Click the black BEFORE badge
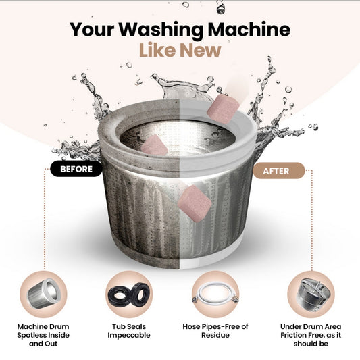pyautogui.click(x=76, y=169)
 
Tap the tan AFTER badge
pyautogui.click(x=279, y=171)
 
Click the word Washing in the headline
pyautogui.click(x=161, y=30)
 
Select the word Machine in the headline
pyautogui.click(x=249, y=29)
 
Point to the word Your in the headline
pyautogui.click(x=92, y=29)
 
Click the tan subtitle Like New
pyautogui.click(x=180, y=50)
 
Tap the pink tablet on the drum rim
pyautogui.click(x=223, y=109)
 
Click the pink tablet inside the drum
pyautogui.click(x=155, y=145)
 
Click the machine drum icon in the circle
pyautogui.click(x=43, y=294)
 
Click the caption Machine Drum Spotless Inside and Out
pyautogui.click(x=43, y=335)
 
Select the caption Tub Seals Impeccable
pyautogui.click(x=129, y=331)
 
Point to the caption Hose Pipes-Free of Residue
pyautogui.click(x=215, y=331)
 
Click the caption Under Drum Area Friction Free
pyautogui.click(x=311, y=335)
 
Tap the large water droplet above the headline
pyautogui.click(x=221, y=9)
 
